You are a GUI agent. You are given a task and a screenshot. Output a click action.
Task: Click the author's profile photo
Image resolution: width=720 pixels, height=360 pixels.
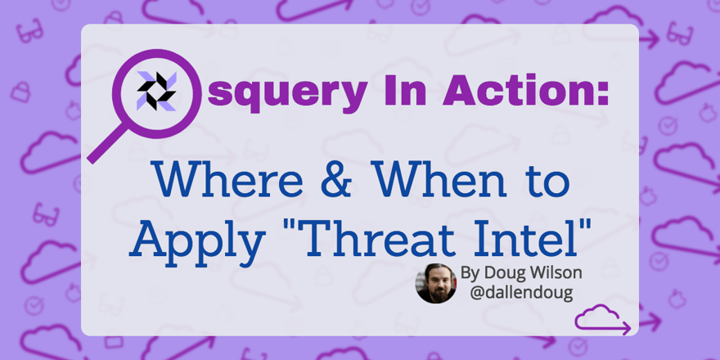[x=436, y=283]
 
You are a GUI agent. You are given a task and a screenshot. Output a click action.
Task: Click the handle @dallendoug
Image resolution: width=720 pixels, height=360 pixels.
[x=518, y=292]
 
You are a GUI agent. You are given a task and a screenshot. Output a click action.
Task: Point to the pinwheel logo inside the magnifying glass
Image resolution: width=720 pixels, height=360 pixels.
[x=155, y=90]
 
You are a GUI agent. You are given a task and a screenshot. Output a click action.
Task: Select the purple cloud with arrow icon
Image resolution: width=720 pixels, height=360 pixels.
[x=602, y=320]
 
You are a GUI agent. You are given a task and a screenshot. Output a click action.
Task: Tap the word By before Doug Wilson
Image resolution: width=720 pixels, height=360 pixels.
[x=471, y=272]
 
